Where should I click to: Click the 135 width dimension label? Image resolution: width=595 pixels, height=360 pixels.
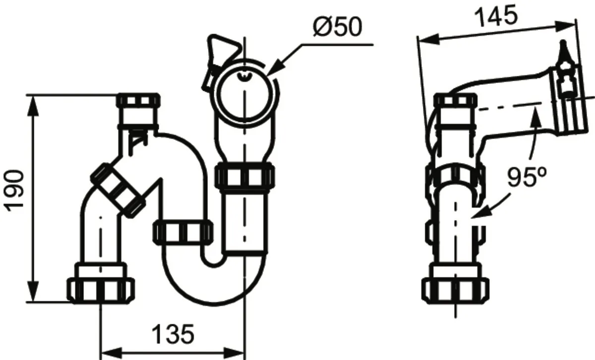(173, 334)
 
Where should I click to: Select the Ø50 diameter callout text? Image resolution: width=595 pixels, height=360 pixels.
(337, 27)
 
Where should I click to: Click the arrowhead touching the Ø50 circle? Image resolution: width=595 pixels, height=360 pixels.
(274, 68)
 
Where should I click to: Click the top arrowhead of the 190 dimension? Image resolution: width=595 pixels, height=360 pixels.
(33, 106)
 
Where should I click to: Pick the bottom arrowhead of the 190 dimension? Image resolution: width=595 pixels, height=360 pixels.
(33, 292)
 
